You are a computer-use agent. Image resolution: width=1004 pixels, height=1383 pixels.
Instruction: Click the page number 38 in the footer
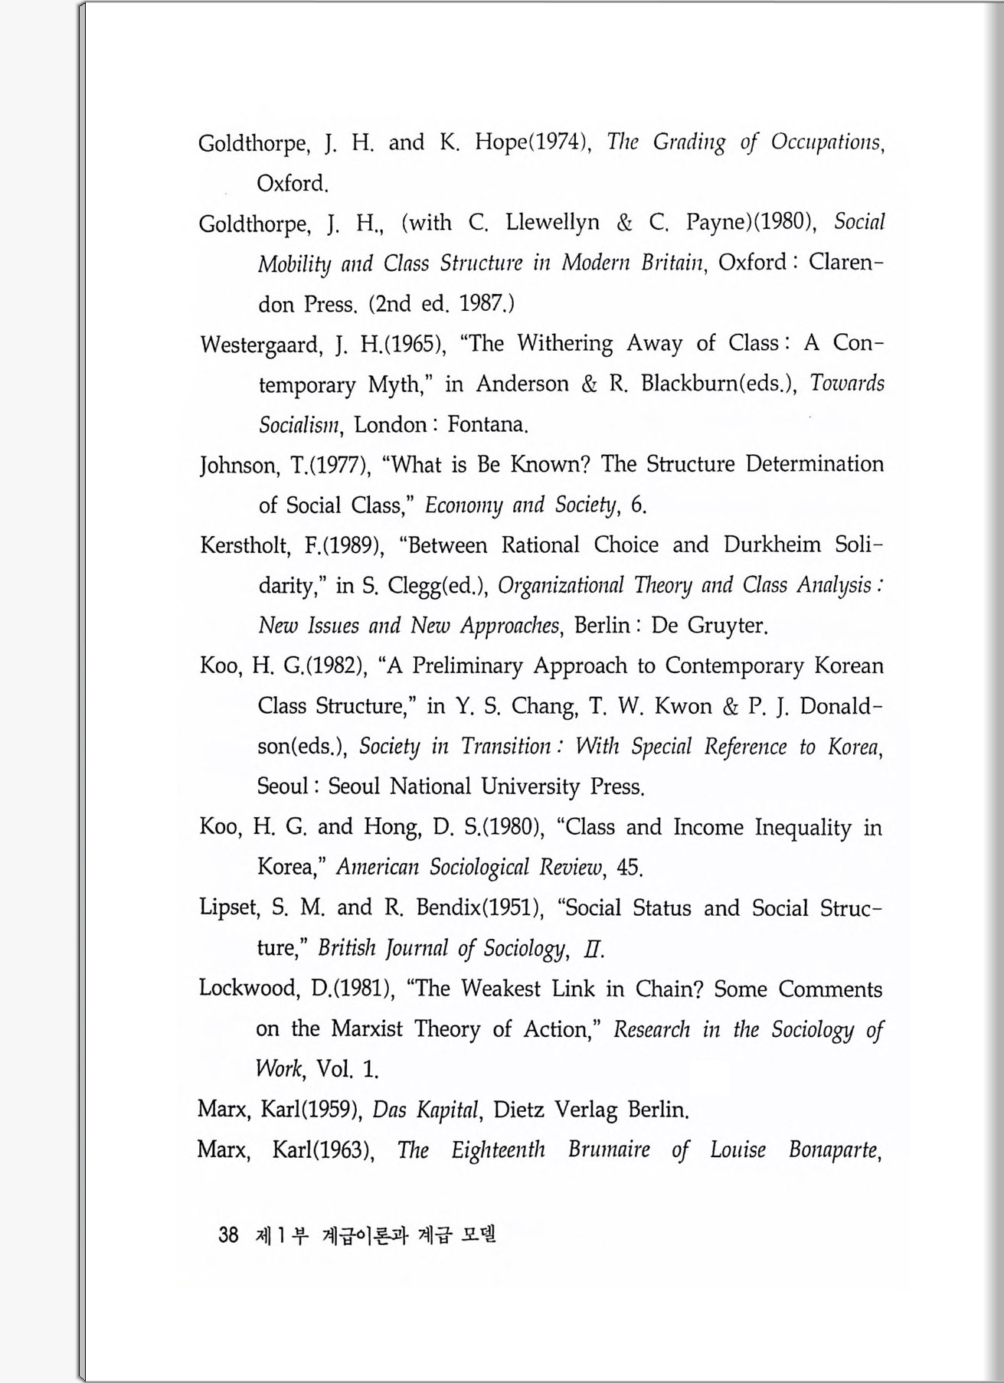pos(228,1234)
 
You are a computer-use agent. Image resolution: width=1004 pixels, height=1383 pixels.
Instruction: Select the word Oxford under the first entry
pos(292,184)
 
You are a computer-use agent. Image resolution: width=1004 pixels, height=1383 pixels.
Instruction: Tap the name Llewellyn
pos(552,222)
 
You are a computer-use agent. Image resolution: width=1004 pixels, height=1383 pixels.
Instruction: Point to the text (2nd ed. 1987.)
pos(441,304)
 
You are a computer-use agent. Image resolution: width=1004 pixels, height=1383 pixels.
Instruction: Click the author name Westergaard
pos(260,345)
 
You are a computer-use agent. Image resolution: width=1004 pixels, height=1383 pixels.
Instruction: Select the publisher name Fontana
pos(488,424)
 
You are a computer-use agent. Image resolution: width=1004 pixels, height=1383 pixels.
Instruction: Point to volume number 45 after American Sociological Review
pos(628,868)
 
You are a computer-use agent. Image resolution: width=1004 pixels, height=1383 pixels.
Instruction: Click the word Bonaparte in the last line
pos(834,1150)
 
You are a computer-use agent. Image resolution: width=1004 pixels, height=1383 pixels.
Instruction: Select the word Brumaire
pos(609,1150)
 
